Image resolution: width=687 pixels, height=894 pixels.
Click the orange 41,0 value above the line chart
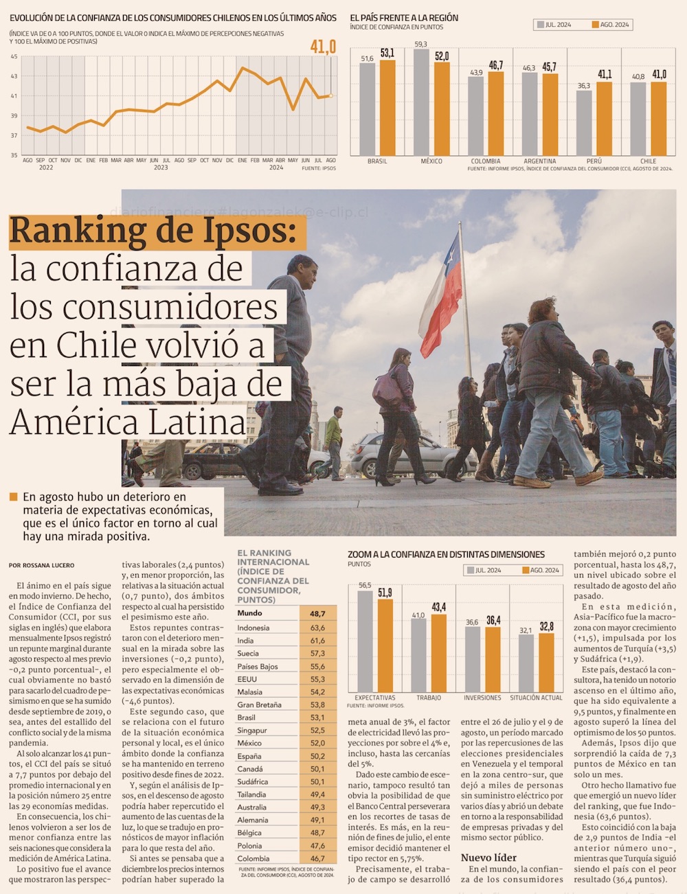(323, 47)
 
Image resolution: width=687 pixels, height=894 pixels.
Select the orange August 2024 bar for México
(442, 108)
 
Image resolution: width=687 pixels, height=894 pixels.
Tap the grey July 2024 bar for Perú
(584, 123)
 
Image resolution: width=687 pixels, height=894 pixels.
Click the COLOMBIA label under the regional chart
(485, 161)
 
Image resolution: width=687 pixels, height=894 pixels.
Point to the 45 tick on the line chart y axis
(14, 56)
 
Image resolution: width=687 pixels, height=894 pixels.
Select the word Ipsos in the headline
(243, 231)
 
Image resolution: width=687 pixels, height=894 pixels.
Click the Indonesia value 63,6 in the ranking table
(317, 628)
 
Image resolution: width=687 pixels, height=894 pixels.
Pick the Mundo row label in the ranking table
(249, 613)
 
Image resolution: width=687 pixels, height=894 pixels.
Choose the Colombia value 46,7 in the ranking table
(317, 858)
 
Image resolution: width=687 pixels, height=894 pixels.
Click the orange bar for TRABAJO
(439, 652)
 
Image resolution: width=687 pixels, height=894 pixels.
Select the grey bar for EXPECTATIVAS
(365, 641)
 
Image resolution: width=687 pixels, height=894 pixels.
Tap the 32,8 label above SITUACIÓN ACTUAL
(547, 626)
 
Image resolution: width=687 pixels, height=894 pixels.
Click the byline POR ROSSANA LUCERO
(41, 565)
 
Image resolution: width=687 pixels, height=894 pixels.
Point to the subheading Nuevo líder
(488, 858)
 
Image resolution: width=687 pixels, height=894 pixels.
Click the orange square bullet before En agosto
(13, 496)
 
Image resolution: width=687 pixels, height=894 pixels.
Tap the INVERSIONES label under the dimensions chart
(482, 698)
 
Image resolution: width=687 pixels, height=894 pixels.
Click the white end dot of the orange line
(330, 96)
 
